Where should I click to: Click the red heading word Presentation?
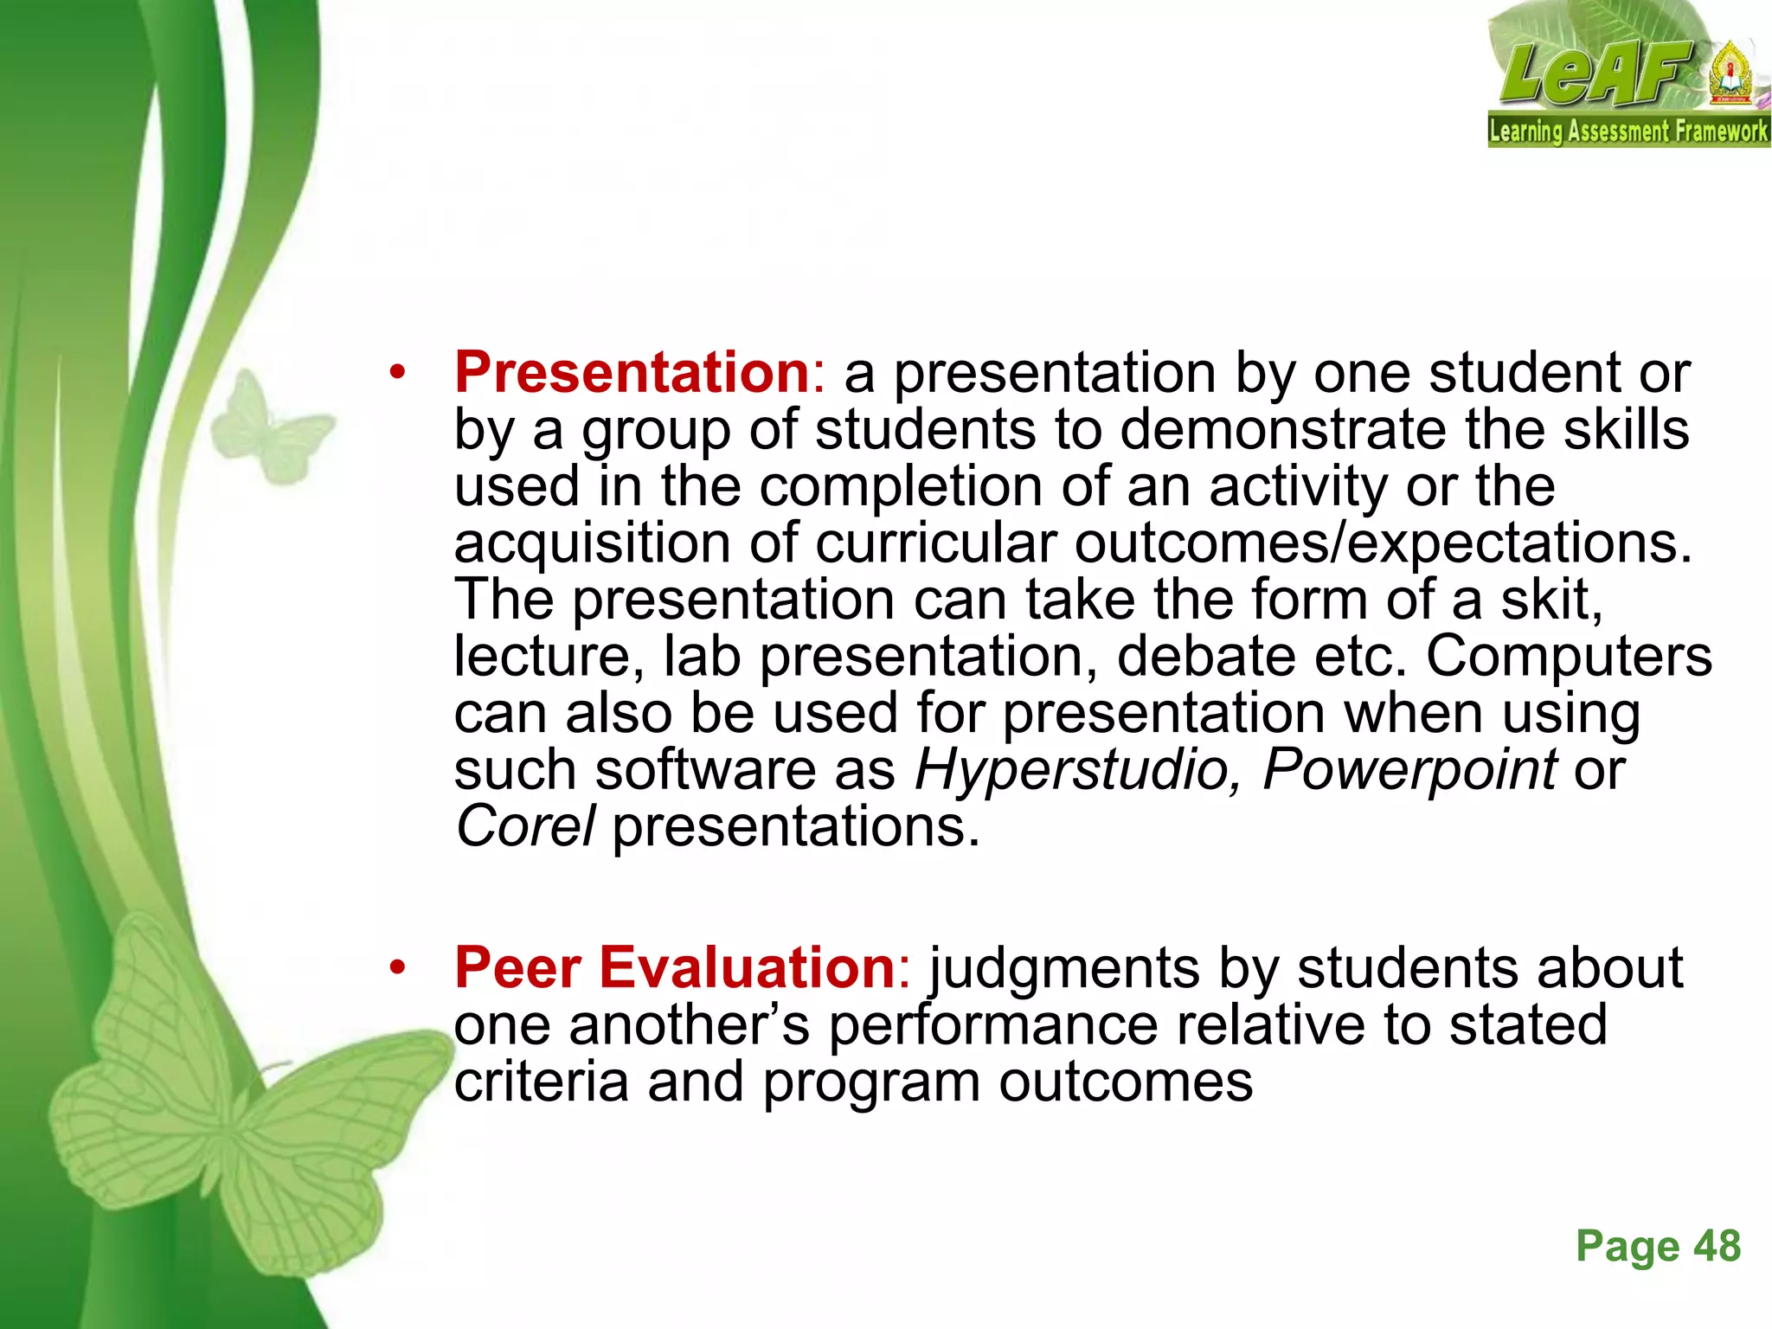point(632,373)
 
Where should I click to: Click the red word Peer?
point(517,967)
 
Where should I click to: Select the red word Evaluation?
point(748,967)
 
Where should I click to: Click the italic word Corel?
point(525,827)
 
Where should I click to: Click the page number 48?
point(1717,1247)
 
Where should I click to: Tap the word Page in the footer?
point(1627,1247)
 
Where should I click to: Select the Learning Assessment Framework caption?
point(1628,132)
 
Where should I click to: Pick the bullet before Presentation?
point(397,374)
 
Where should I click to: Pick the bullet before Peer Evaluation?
point(397,968)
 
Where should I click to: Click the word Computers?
point(1569,657)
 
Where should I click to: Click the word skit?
point(1551,600)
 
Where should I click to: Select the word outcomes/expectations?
point(1383,543)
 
